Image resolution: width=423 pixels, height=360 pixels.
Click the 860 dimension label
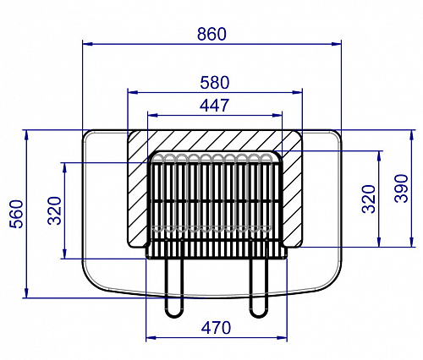click(211, 34)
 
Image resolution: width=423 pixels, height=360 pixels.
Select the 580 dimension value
click(215, 83)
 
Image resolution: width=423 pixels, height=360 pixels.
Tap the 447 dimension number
click(214, 106)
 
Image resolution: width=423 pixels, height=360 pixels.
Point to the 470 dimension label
click(216, 328)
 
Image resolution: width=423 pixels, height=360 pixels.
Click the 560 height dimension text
click(16, 214)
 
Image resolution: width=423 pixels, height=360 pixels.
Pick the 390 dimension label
click(401, 188)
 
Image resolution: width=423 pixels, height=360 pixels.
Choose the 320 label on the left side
click(54, 210)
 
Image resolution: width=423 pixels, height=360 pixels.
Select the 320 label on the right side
click(369, 199)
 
